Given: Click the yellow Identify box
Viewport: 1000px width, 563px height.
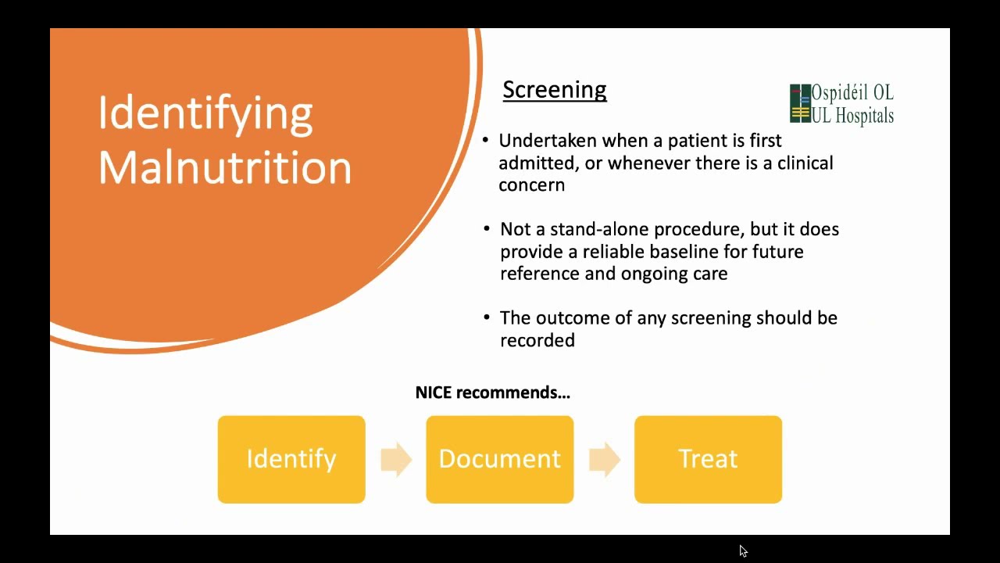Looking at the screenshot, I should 291,459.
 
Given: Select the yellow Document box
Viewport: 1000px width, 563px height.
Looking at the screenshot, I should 499,459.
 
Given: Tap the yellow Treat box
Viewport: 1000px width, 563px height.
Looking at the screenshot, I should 708,459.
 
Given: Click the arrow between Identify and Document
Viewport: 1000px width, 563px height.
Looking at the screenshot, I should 396,459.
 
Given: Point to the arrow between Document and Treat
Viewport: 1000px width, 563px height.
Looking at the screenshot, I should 604,459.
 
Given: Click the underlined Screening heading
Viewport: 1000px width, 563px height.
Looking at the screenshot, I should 554,90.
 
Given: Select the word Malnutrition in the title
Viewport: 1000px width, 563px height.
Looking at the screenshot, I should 225,167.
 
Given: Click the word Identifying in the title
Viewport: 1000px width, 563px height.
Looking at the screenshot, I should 205,113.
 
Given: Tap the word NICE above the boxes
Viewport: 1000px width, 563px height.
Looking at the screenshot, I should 434,393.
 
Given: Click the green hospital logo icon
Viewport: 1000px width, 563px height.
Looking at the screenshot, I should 800,104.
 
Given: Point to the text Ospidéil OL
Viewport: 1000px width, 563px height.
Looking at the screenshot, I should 852,93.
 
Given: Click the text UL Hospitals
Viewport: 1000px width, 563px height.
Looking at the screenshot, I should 852,116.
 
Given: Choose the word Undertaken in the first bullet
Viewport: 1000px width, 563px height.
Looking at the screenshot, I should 548,141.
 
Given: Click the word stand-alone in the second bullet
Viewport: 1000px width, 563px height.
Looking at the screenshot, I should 599,229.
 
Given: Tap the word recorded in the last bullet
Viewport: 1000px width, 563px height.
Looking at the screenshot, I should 537,340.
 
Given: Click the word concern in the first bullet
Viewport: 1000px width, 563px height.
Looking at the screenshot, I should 531,185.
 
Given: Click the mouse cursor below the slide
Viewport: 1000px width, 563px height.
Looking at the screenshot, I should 743,551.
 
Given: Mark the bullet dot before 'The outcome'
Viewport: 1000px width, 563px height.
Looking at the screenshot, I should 485,317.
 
